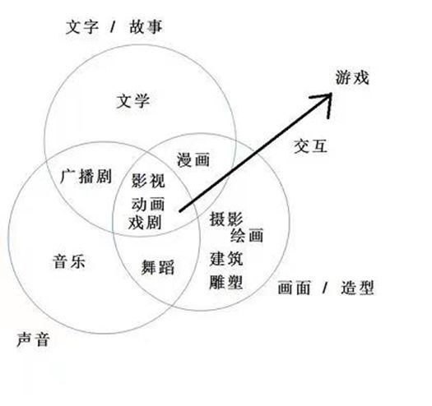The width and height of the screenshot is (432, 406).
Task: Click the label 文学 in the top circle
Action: click(133, 101)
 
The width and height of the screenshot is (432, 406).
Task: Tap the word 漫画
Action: click(193, 159)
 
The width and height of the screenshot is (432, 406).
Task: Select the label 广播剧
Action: click(86, 176)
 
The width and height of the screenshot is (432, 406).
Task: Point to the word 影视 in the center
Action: click(148, 180)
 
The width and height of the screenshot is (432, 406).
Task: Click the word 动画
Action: click(148, 205)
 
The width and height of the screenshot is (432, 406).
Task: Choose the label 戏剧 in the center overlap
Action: click(145, 222)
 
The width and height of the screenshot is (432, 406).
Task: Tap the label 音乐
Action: click(69, 261)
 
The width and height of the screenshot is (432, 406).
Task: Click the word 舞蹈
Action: click(158, 267)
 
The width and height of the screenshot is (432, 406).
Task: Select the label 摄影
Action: click(226, 219)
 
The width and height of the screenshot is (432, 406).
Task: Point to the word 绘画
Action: click(247, 235)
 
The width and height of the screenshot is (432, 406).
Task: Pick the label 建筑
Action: click(226, 259)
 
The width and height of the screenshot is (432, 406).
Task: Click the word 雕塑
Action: click(226, 282)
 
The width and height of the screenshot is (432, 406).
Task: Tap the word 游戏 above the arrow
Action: click(352, 77)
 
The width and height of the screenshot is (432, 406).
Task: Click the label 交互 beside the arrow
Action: click(311, 146)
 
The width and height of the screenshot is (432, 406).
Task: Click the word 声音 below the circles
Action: click(33, 339)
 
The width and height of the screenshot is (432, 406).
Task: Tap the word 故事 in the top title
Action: click(146, 27)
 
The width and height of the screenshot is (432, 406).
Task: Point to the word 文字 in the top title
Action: click(82, 27)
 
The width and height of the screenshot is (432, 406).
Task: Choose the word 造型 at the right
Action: click(357, 288)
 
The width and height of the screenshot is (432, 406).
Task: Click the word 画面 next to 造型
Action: click(295, 288)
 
